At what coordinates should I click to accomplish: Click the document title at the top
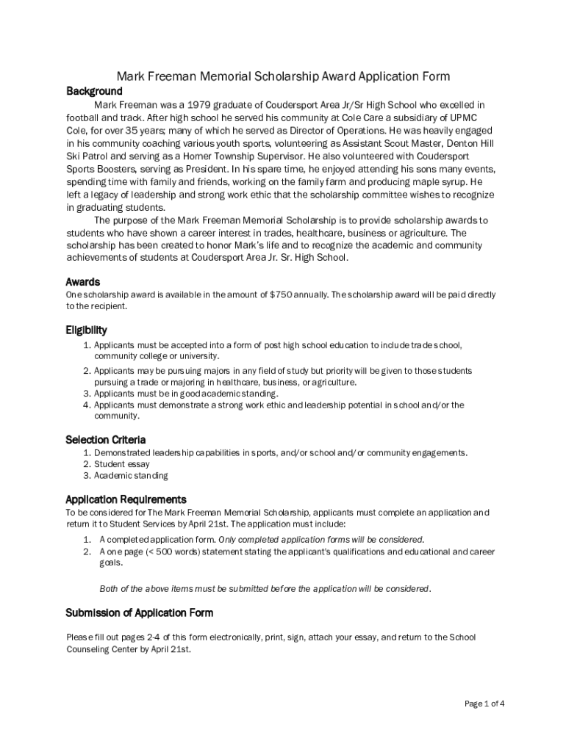(x=284, y=76)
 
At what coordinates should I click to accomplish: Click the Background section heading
(x=94, y=91)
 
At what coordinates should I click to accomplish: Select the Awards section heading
(x=82, y=282)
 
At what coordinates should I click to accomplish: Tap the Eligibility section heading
(x=86, y=330)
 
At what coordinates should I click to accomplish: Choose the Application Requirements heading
(x=126, y=499)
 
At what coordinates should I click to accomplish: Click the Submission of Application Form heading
(x=139, y=612)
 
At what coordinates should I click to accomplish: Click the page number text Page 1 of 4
(x=484, y=704)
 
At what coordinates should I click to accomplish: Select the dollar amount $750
(x=282, y=294)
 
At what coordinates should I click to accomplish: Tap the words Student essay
(x=121, y=464)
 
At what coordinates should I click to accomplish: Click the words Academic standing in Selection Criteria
(x=131, y=476)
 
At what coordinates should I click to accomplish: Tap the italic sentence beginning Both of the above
(x=265, y=589)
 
